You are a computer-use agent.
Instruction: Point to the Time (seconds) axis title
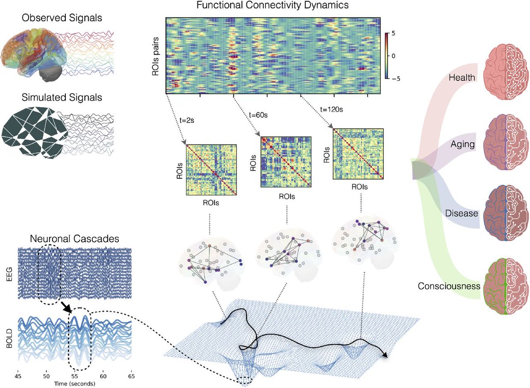point(75,383)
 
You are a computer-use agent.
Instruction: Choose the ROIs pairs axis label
point(156,57)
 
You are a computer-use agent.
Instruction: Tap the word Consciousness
point(449,286)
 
